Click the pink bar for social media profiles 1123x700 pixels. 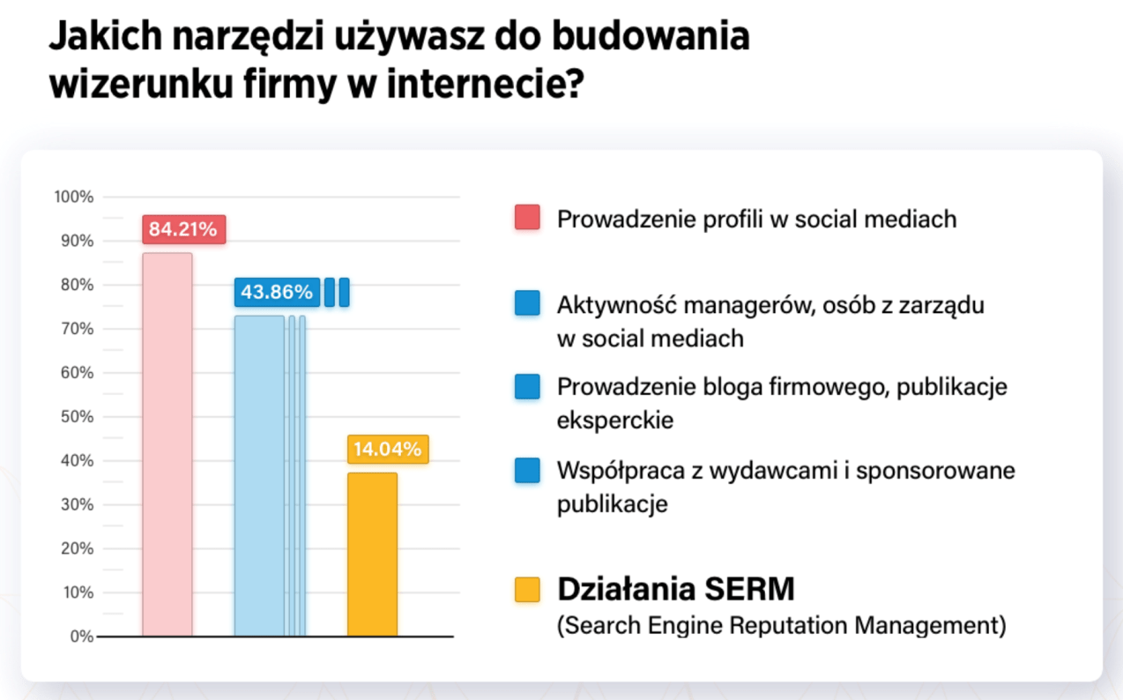(x=167, y=444)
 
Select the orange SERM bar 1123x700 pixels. (x=372, y=555)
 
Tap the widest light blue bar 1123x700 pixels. (x=259, y=476)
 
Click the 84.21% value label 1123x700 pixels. (x=182, y=229)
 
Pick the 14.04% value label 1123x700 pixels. (x=387, y=450)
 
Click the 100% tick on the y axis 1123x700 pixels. (x=73, y=197)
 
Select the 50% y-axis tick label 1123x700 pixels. (x=76, y=417)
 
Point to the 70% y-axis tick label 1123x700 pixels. (x=76, y=329)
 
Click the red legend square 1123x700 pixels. (x=527, y=218)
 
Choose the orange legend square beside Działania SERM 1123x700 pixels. (x=527, y=590)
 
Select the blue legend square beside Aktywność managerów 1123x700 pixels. (x=527, y=303)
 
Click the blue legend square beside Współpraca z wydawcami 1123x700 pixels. (x=527, y=471)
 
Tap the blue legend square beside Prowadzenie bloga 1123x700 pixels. (x=527, y=386)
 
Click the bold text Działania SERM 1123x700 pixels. (x=675, y=588)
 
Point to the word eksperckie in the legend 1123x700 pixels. (x=615, y=421)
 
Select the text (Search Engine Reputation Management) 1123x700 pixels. (x=781, y=625)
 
